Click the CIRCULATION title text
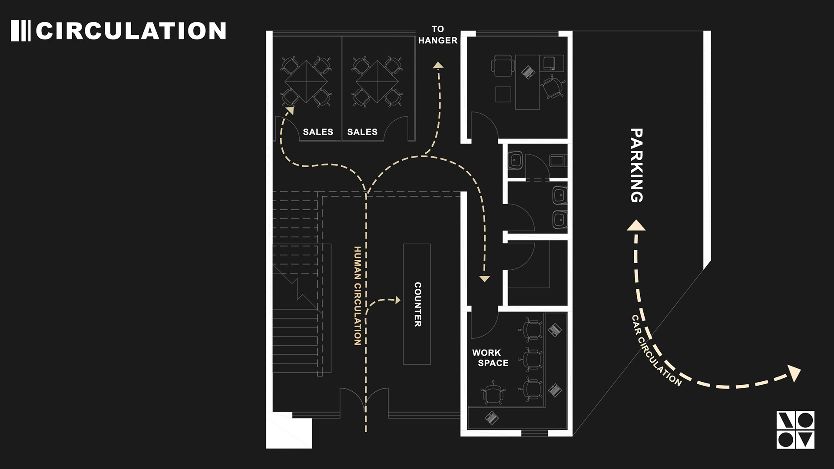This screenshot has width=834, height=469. pyautogui.click(x=131, y=31)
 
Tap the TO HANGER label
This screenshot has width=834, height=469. pyautogui.click(x=437, y=35)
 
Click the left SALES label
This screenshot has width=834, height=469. pyautogui.click(x=318, y=132)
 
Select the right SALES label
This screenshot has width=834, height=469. pyautogui.click(x=362, y=132)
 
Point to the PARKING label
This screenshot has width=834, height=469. pyautogui.click(x=636, y=165)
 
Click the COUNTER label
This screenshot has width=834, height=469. pyautogui.click(x=417, y=304)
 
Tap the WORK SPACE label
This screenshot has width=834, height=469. pyautogui.click(x=490, y=358)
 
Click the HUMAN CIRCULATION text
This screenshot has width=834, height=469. pyautogui.click(x=357, y=296)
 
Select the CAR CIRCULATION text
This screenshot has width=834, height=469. pyautogui.click(x=656, y=351)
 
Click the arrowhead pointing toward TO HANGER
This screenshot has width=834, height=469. pyautogui.click(x=438, y=66)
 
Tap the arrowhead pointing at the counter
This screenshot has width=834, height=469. pyautogui.click(x=397, y=300)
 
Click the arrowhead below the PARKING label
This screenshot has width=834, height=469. pyautogui.click(x=636, y=226)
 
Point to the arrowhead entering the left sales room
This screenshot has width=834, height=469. pyautogui.click(x=290, y=110)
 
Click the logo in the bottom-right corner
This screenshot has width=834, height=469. pyautogui.click(x=795, y=430)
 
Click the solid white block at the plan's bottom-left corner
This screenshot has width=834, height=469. pyautogui.click(x=289, y=432)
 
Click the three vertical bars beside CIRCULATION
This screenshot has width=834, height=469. pyautogui.click(x=20, y=31)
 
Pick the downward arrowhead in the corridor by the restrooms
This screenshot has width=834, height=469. pyautogui.click(x=485, y=279)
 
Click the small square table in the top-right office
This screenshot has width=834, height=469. pyautogui.click(x=503, y=94)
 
